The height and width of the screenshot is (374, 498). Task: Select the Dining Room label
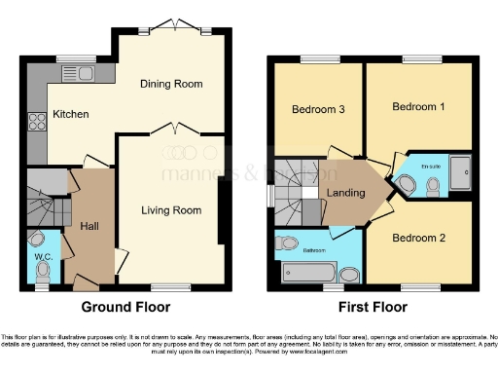pyautogui.click(x=163, y=85)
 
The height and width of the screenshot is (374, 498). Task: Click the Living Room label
pyautogui.click(x=171, y=209)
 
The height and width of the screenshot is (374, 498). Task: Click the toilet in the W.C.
pyautogui.click(x=37, y=238)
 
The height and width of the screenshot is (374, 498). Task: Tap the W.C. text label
pyautogui.click(x=44, y=258)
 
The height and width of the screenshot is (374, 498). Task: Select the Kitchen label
pyautogui.click(x=71, y=114)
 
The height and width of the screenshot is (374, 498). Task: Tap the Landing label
pyautogui.click(x=345, y=193)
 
